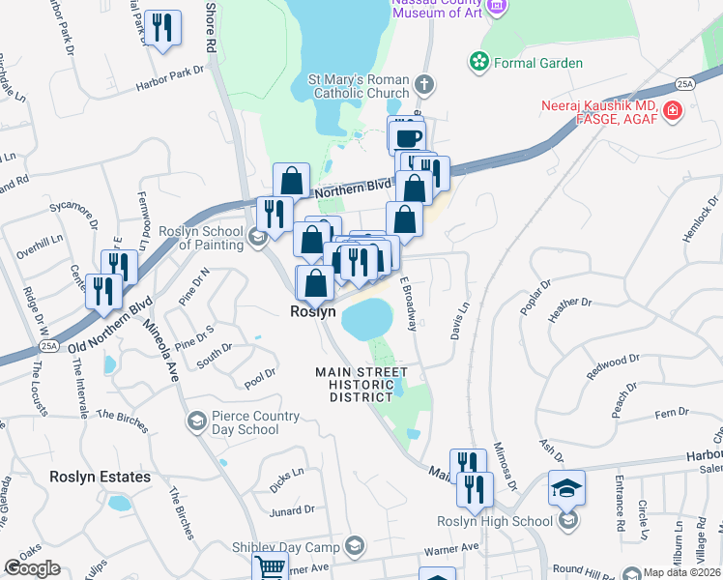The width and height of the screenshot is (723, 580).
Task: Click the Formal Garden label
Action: (539, 63)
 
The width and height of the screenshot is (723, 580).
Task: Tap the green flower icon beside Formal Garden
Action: (478, 63)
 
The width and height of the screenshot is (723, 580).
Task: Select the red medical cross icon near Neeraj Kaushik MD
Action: (674, 111)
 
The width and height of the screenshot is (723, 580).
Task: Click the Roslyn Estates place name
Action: (101, 477)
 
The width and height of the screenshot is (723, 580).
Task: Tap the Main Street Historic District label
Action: (361, 385)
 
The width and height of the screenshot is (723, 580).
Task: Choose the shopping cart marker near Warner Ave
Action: (270, 567)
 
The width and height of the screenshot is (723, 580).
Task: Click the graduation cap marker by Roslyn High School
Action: (566, 487)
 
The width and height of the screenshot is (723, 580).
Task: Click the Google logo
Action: (32, 568)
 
